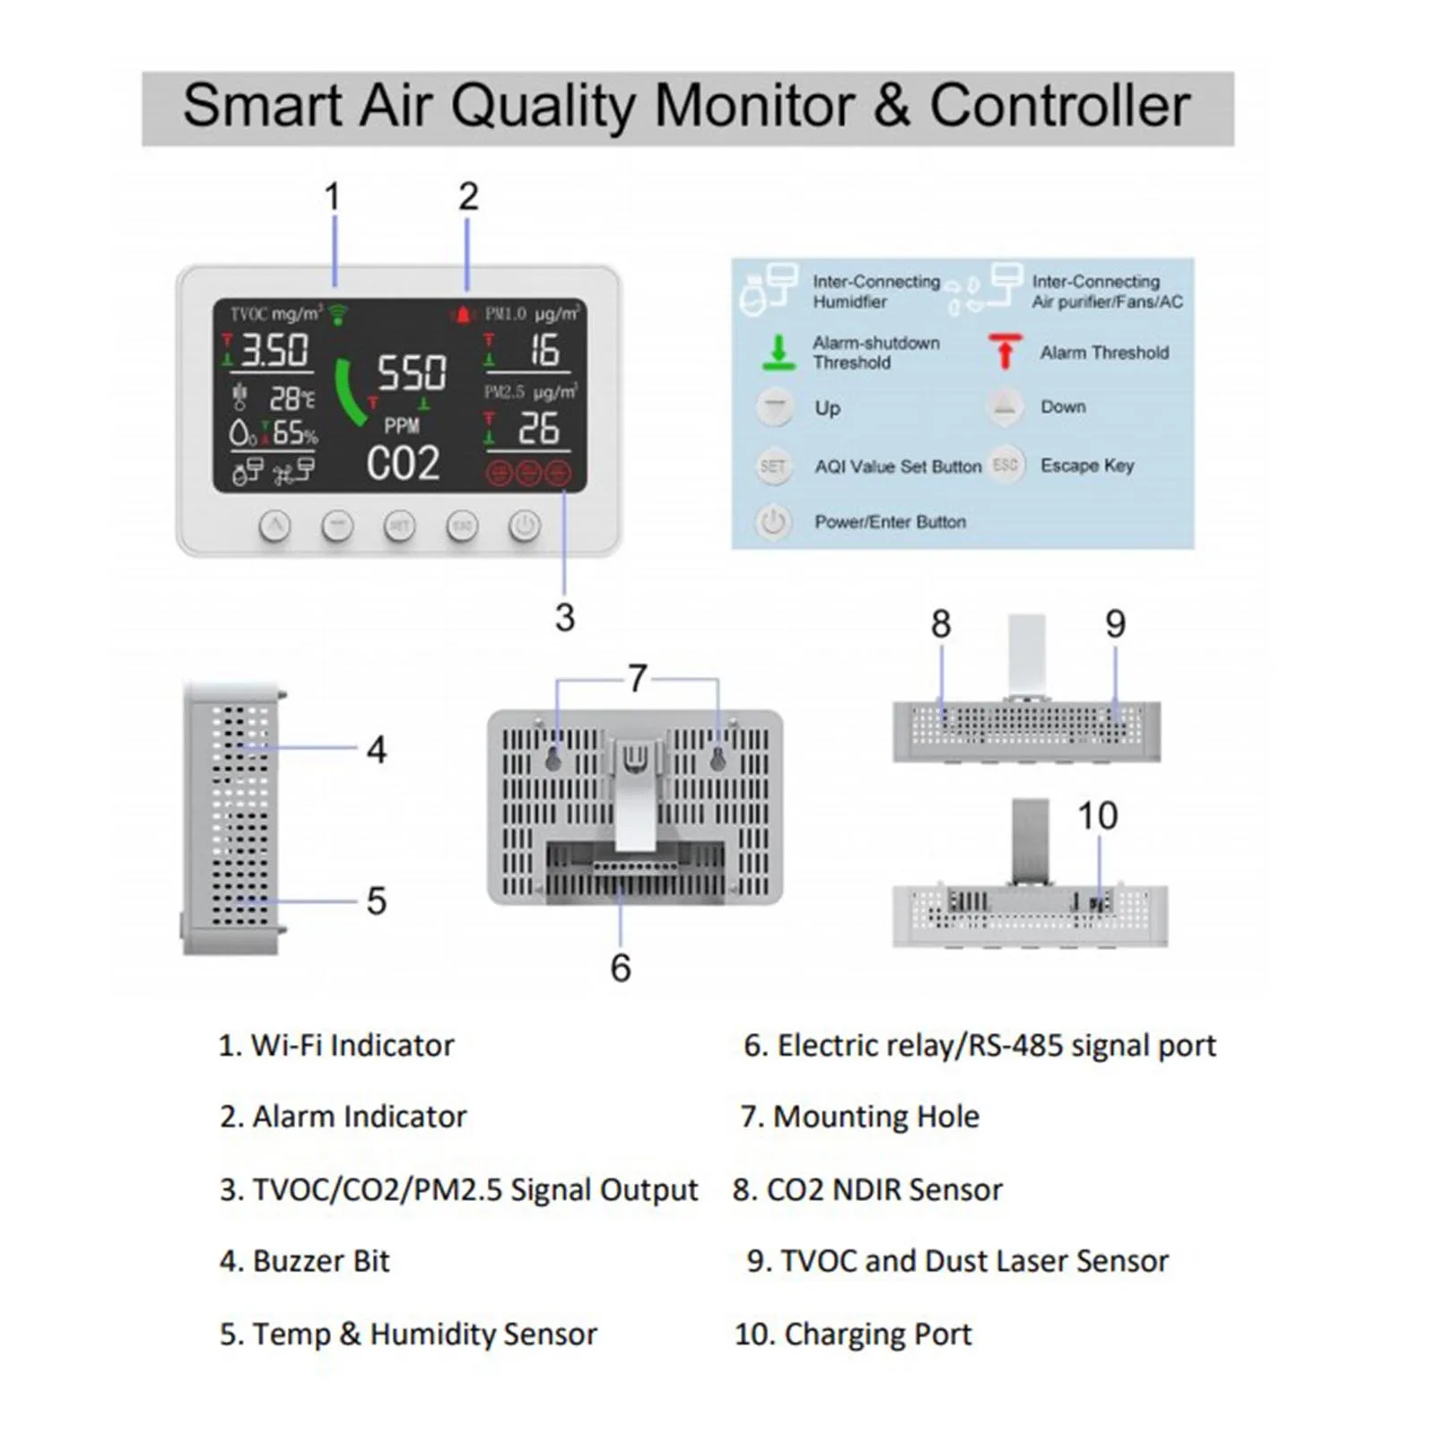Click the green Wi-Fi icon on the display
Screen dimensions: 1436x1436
[x=338, y=314]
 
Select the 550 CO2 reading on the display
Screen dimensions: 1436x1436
[x=412, y=372]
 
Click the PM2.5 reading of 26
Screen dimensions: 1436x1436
[x=538, y=429]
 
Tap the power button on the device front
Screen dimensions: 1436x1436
[x=525, y=526]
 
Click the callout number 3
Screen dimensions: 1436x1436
[x=564, y=618]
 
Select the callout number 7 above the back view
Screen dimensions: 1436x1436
[x=638, y=678]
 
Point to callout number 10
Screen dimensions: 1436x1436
[x=1097, y=816]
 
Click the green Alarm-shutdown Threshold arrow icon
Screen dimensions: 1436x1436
[x=779, y=352]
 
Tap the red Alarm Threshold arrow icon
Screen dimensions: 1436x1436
[x=1005, y=351]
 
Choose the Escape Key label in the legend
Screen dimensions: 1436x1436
[x=1087, y=466]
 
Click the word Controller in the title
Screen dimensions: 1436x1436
[x=1059, y=106]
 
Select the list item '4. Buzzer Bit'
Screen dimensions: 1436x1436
[x=305, y=1261]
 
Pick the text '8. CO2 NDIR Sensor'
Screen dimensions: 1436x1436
[x=867, y=1189]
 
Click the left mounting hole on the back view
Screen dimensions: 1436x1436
[x=553, y=760]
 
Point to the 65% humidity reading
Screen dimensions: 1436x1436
[x=295, y=434]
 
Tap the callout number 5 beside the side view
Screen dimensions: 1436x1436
[x=377, y=901]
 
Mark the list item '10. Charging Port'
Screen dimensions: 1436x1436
[x=853, y=1334]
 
